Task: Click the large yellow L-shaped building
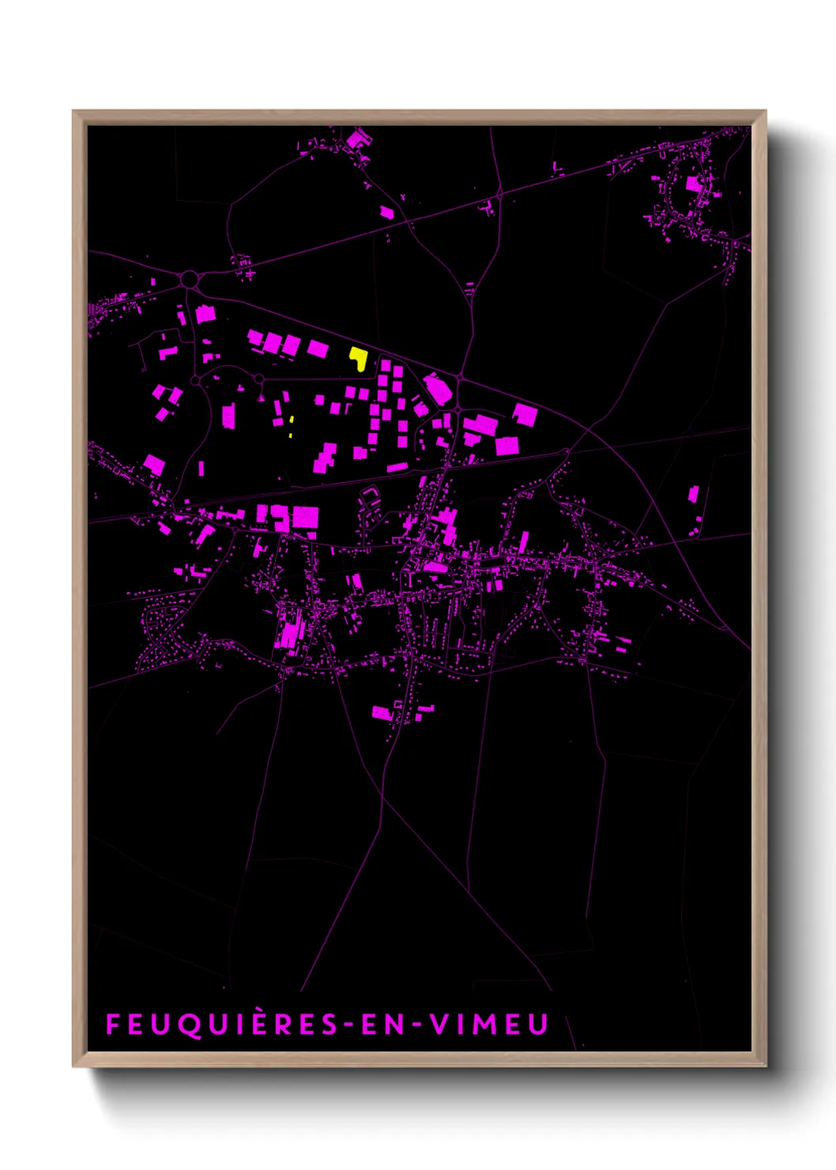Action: [359, 358]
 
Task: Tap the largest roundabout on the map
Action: [189, 279]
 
